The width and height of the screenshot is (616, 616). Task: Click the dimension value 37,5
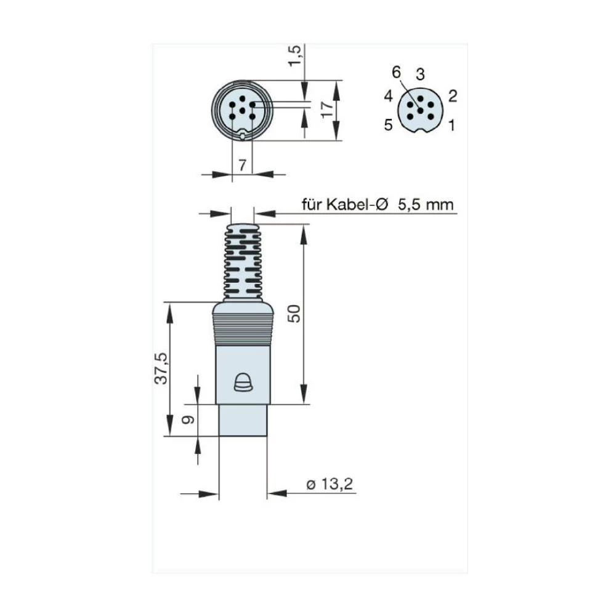[x=161, y=368]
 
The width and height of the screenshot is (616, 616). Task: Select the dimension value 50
[x=296, y=314]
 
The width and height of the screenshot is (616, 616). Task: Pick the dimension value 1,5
[x=298, y=56]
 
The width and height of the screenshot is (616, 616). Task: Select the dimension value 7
[x=242, y=165]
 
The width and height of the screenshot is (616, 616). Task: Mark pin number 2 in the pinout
[x=452, y=95]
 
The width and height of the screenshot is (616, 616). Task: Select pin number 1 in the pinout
[x=452, y=126]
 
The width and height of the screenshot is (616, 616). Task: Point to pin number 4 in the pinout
[x=388, y=96]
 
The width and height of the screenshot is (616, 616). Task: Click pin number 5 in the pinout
[x=388, y=125]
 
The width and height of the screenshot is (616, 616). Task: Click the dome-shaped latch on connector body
[x=243, y=383]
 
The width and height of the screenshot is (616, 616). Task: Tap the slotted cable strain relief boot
[x=242, y=262]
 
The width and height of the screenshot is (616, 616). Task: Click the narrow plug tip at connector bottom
[x=243, y=420]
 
